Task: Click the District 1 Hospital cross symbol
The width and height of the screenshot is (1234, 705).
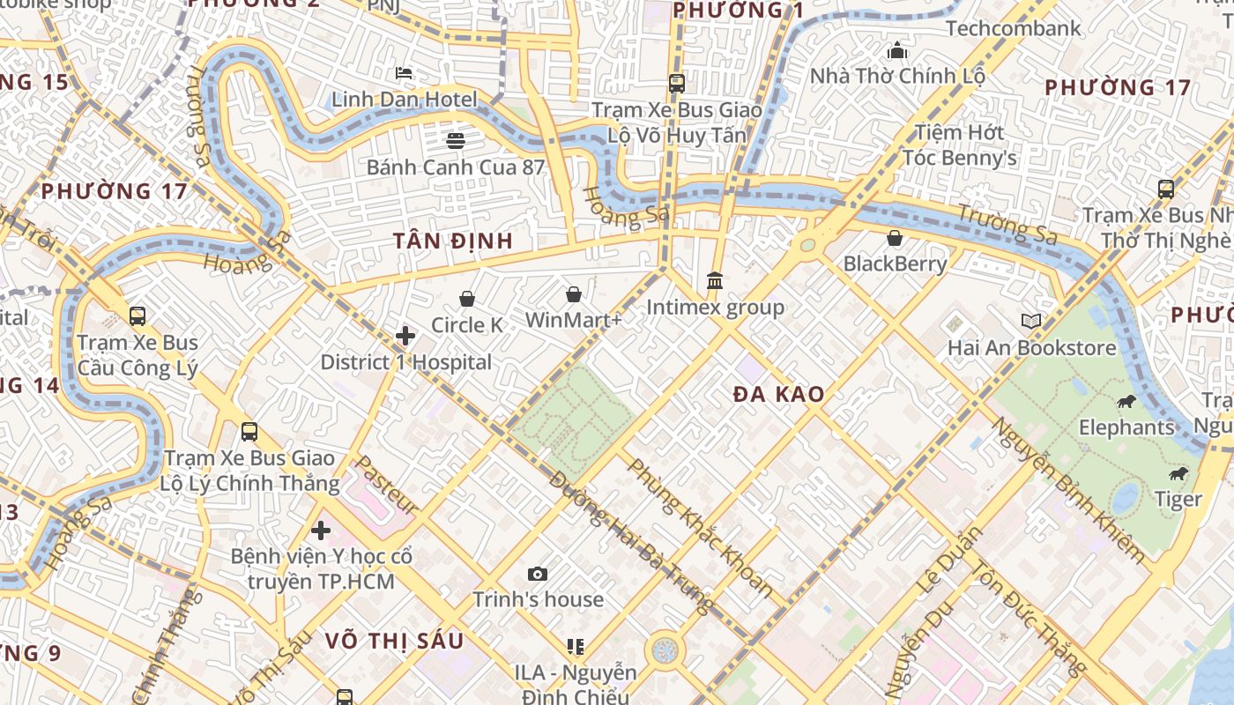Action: point(405,336)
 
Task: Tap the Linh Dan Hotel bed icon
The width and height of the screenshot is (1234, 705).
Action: point(404,73)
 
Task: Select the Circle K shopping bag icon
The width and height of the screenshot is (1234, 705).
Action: point(467,299)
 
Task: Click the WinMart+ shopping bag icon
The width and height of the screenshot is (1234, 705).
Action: point(574,293)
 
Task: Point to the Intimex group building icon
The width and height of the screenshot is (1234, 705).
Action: point(715,280)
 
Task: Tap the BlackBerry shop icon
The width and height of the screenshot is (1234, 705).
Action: point(895,237)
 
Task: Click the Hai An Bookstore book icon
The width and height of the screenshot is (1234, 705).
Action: point(1031,322)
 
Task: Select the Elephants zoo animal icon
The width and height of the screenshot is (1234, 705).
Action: point(1126,402)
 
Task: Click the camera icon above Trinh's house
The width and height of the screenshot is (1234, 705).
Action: point(538,574)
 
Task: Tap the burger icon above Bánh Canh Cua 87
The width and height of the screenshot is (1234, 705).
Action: point(456,140)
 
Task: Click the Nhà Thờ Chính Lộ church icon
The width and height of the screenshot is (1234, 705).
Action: point(897,49)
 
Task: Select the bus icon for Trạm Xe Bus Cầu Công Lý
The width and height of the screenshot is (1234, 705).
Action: point(137,315)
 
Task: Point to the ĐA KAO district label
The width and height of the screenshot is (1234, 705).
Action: point(779,395)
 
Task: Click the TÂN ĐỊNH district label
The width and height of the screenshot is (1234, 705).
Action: point(453,241)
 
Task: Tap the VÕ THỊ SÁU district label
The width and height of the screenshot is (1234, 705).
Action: point(394,641)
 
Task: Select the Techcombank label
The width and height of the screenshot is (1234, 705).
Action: point(1013,28)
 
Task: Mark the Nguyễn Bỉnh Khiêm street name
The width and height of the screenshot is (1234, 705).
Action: point(1069,490)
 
